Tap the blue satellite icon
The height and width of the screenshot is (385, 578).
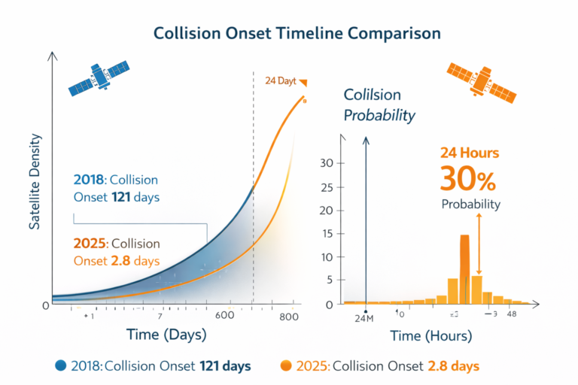[95, 76]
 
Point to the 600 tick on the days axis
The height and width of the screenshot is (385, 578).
[225, 317]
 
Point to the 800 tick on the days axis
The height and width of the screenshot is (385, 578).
[291, 317]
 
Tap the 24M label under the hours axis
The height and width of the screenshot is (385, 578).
[365, 318]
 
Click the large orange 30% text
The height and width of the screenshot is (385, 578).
[469, 180]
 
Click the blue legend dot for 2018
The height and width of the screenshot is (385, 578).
[61, 366]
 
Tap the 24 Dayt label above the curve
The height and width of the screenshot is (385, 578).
[281, 80]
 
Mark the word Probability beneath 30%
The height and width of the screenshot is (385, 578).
[471, 204]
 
